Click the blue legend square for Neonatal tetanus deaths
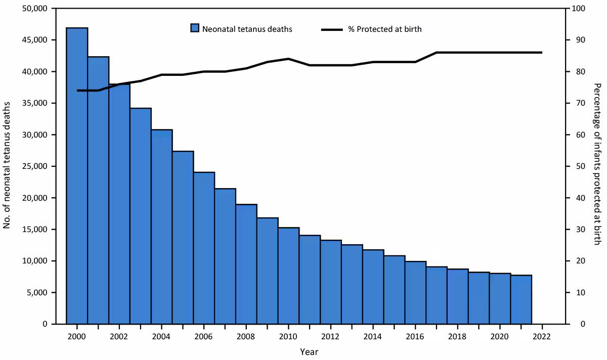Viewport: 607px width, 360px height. (x=195, y=29)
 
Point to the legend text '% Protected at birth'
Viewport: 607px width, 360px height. (x=389, y=29)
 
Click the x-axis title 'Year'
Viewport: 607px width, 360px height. (x=309, y=351)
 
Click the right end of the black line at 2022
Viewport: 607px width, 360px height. (x=542, y=53)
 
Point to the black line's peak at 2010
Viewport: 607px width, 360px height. (x=288, y=59)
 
